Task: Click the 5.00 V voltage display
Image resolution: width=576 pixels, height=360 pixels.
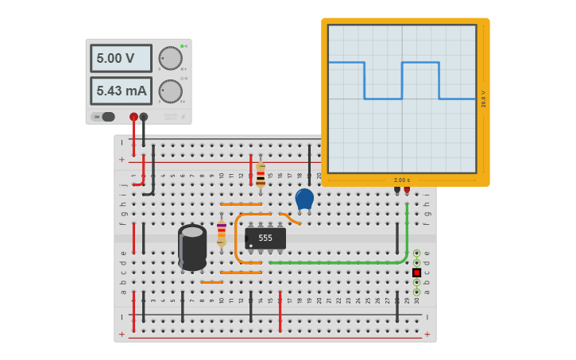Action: click(x=120, y=58)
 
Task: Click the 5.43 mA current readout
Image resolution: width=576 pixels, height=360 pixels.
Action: click(x=121, y=91)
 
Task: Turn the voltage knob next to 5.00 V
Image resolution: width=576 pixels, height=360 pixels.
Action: click(x=170, y=58)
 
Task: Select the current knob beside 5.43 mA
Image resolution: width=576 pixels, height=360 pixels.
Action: click(x=170, y=91)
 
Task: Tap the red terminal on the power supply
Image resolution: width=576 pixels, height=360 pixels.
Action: click(x=133, y=117)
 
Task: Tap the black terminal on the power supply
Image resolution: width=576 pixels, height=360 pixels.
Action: click(x=144, y=117)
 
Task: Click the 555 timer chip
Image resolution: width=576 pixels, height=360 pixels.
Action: click(x=265, y=238)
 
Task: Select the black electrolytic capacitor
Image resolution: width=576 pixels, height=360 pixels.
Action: click(x=192, y=246)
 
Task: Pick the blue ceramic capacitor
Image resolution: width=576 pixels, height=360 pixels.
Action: click(x=304, y=199)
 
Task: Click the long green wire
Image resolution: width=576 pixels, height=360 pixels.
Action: click(x=342, y=262)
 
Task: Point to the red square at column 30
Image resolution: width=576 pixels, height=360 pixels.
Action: click(x=416, y=273)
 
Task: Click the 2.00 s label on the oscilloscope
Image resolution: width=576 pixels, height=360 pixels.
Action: click(x=402, y=180)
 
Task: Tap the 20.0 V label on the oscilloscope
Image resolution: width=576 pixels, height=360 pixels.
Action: click(x=483, y=99)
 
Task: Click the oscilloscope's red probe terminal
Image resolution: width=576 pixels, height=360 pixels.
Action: click(x=407, y=189)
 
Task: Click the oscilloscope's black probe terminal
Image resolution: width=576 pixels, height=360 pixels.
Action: click(x=397, y=189)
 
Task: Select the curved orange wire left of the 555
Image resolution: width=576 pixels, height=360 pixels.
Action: click(x=237, y=238)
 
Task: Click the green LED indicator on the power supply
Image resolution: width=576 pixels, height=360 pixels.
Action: click(x=182, y=46)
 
